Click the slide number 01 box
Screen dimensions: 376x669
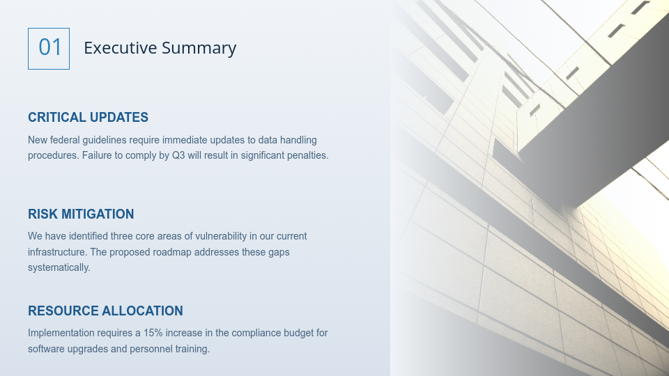pos(49,49)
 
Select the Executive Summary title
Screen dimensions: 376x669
pos(160,48)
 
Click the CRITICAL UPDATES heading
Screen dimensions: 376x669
pos(88,118)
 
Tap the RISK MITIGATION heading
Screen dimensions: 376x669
pos(81,214)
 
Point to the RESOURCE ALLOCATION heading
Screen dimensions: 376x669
pos(105,311)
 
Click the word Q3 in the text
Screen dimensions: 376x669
pos(178,155)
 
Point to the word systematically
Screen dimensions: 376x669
pos(59,267)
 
